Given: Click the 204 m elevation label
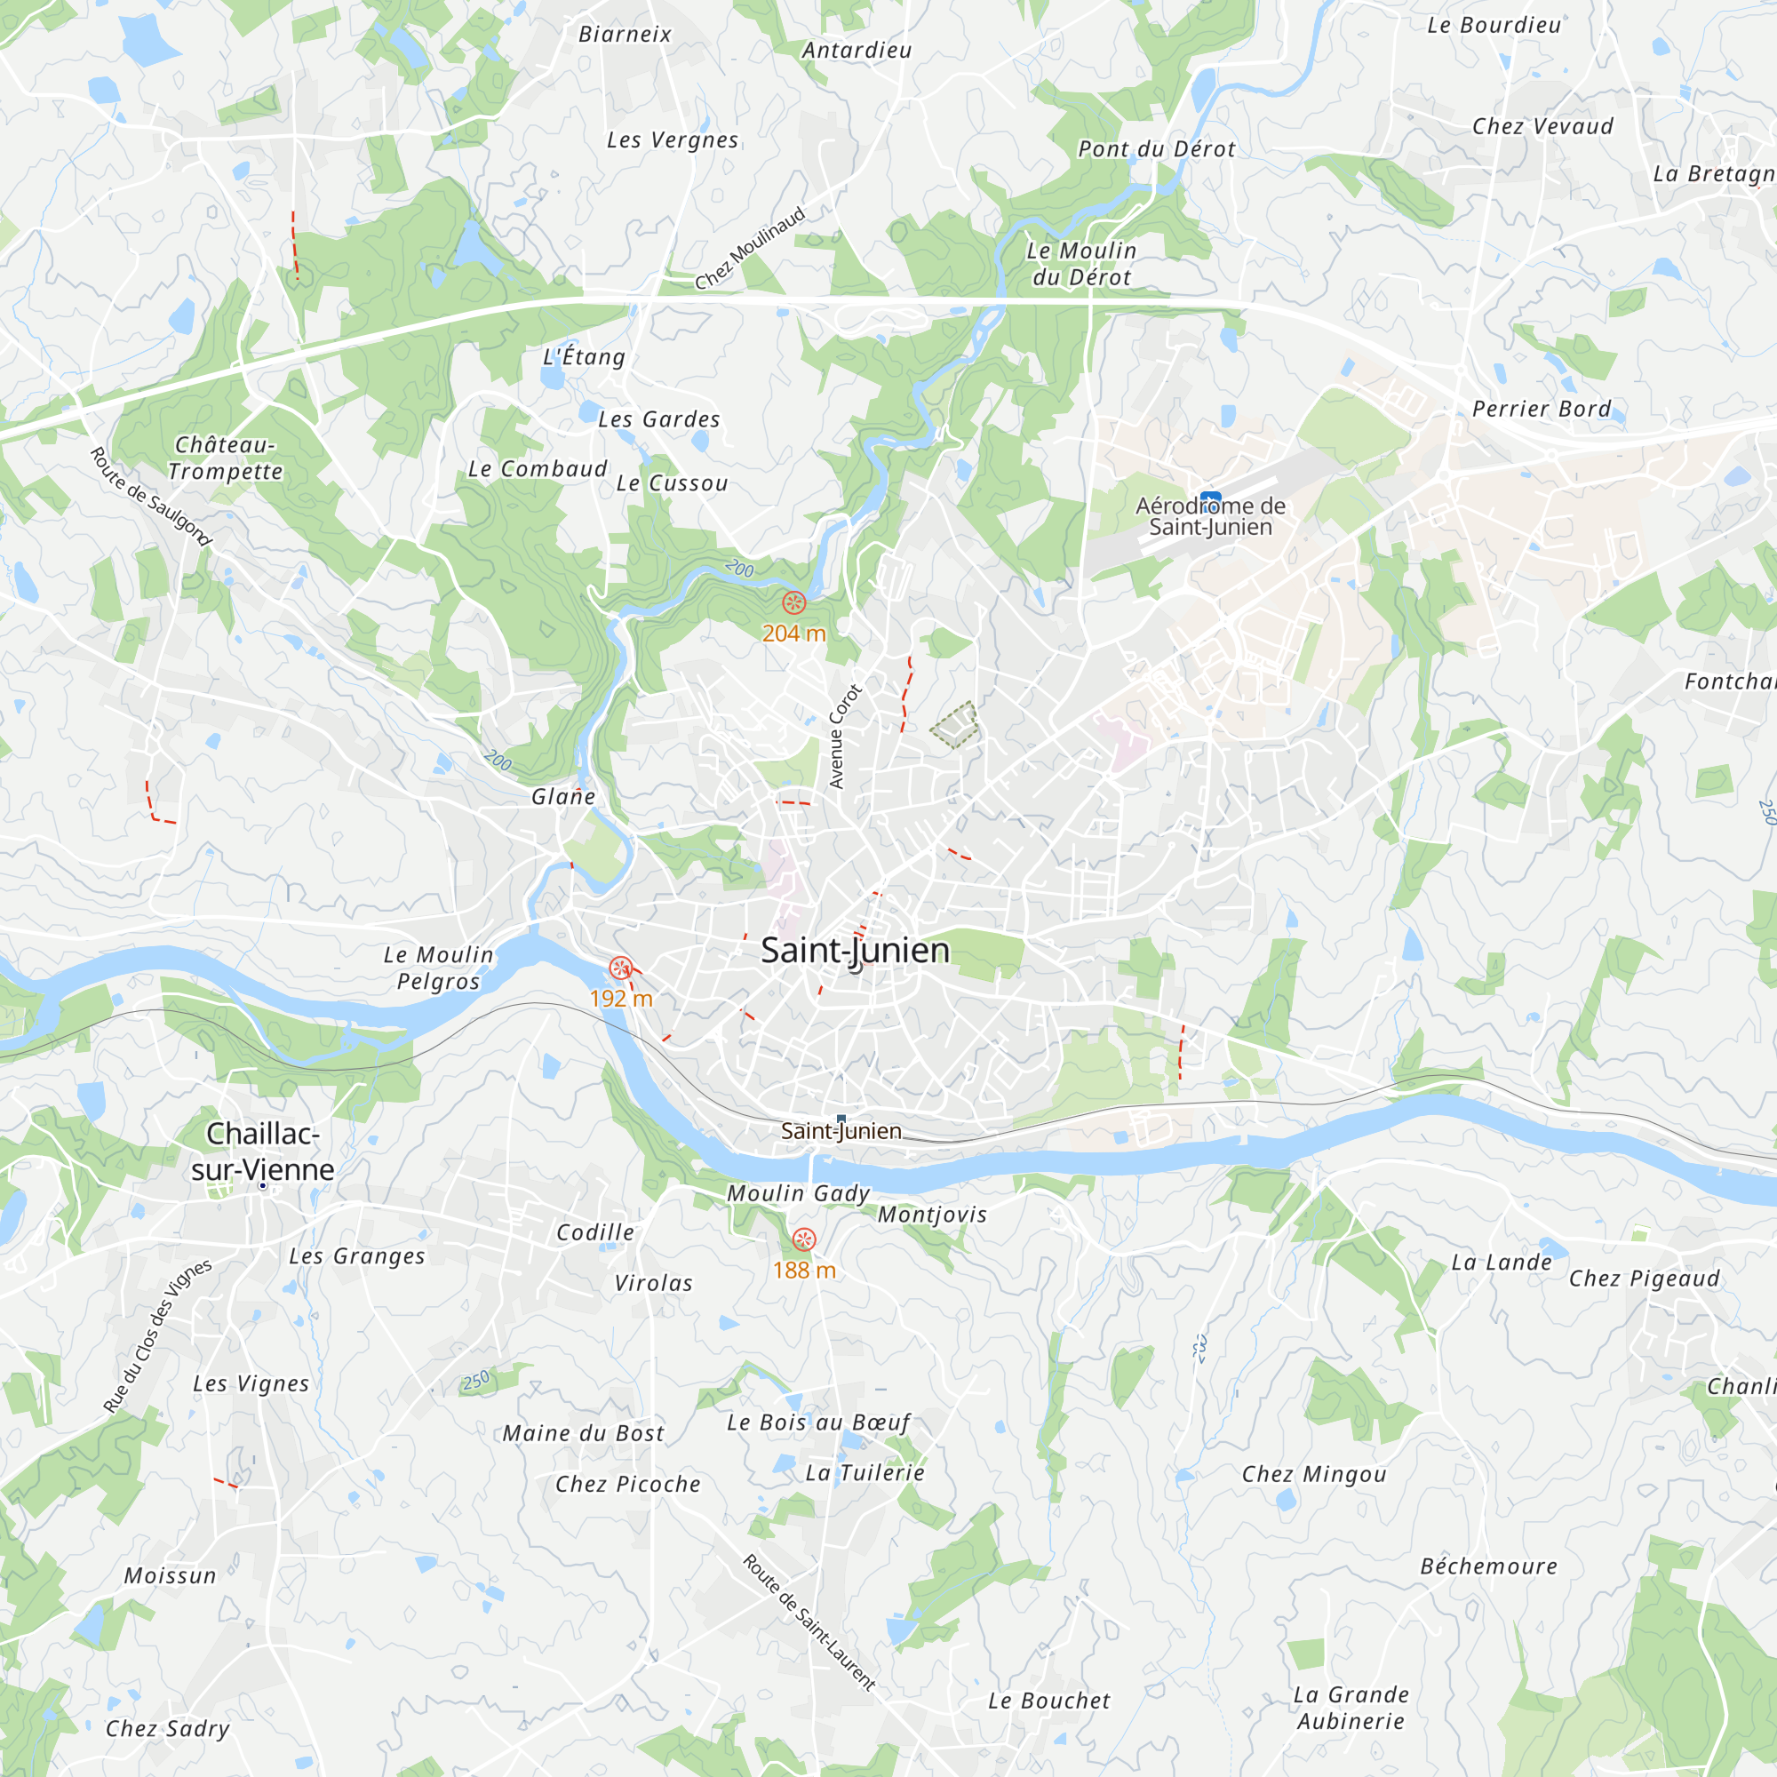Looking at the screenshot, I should click(793, 634).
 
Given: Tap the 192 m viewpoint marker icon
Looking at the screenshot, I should click(621, 968).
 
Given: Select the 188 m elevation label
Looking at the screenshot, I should click(804, 1271).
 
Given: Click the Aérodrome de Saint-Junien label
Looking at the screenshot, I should click(1210, 516).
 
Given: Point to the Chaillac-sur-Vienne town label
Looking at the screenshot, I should click(263, 1151).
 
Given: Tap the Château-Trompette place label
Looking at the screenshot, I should click(226, 458).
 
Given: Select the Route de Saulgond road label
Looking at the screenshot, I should click(151, 497).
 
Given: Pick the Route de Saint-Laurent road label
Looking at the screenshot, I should click(809, 1622).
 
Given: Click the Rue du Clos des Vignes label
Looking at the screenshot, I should click(157, 1335).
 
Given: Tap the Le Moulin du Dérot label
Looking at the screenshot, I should click(1081, 264).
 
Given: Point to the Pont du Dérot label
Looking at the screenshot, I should click(1156, 149).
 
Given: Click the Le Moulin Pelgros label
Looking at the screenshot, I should click(439, 968).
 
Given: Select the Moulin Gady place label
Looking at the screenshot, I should click(799, 1194).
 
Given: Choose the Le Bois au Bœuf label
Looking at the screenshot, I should click(818, 1422).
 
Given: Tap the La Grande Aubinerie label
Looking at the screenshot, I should click(1351, 1708).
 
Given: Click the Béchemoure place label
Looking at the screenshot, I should click(1489, 1567).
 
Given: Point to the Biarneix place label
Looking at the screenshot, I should click(626, 35).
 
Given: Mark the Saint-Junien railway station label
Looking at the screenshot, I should click(841, 1131).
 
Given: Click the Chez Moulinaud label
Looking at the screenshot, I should click(751, 249).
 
